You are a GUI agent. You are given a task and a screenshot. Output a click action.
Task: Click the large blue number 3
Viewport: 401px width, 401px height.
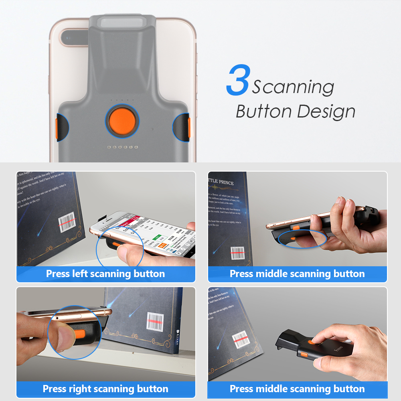(239, 82)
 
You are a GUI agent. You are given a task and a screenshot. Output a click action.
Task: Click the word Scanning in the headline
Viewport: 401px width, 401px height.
(293, 87)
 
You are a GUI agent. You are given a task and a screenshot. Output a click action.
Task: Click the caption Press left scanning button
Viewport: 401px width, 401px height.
(105, 274)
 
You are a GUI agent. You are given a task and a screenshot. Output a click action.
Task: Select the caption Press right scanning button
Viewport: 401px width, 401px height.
(105, 389)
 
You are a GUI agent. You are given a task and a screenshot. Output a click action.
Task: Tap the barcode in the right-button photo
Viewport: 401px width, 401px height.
(155, 321)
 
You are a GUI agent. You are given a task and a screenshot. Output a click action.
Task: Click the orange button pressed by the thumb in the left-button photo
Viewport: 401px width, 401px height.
(117, 244)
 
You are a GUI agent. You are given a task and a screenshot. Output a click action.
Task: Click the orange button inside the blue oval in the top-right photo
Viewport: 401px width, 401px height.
(294, 239)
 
